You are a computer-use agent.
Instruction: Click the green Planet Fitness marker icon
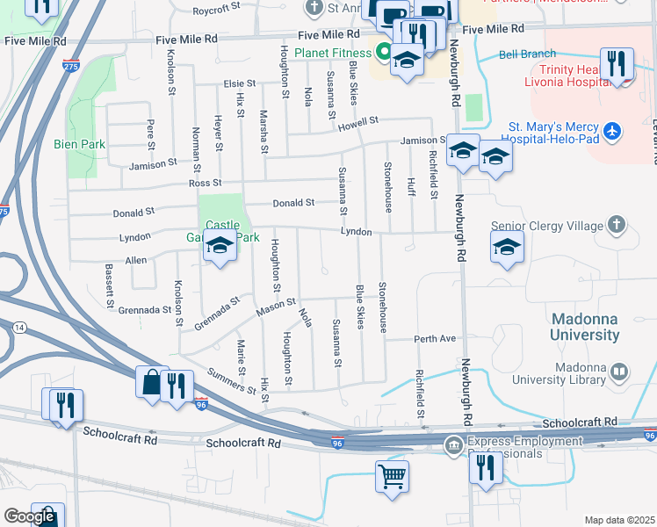tap(383, 51)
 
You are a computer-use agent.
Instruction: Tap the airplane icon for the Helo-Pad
tap(612, 132)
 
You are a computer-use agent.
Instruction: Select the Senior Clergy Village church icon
tap(617, 225)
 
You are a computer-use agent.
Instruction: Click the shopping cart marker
tap(392, 477)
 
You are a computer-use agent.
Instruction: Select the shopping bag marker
tap(151, 382)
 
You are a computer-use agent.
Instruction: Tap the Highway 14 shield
tap(19, 327)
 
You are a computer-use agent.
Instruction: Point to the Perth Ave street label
tap(436, 338)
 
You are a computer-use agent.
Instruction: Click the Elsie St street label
tap(239, 84)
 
